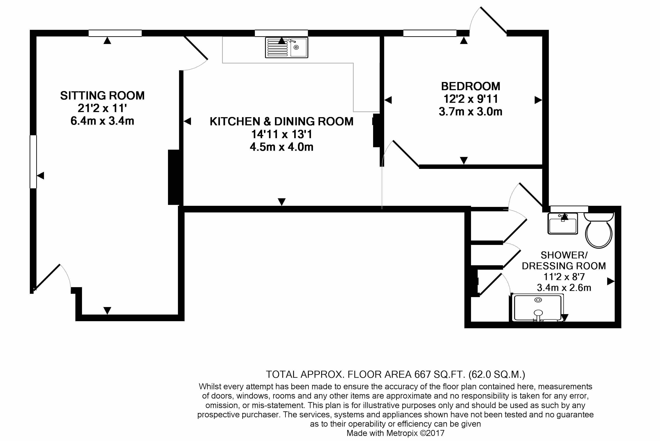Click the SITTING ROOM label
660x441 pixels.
tap(102, 96)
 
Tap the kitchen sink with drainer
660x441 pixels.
tap(286, 48)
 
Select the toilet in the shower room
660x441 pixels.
tap(598, 231)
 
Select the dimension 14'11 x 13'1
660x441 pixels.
tap(282, 134)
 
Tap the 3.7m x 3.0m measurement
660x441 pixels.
tap(470, 112)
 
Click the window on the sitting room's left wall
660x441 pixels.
tap(33, 162)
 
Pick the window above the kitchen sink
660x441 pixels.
tap(281, 33)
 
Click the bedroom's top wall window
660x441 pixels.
tap(430, 33)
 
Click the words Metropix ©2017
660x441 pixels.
tap(415, 433)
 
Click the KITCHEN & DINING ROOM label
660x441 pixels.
tap(282, 122)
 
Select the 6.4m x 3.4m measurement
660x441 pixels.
tap(102, 121)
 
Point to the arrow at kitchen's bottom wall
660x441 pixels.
tap(282, 202)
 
